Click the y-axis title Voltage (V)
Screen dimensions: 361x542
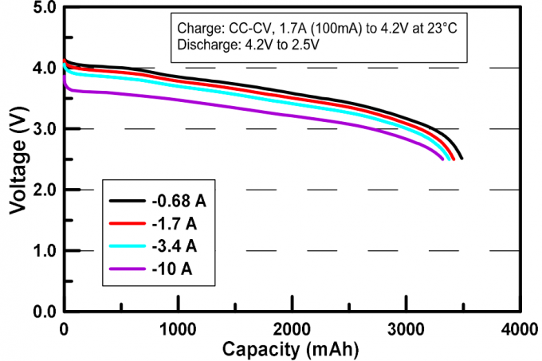[17, 159]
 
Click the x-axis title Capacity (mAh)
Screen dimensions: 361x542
[291, 349]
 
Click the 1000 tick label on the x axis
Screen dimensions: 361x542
[178, 328]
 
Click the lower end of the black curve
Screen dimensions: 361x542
[461, 158]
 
